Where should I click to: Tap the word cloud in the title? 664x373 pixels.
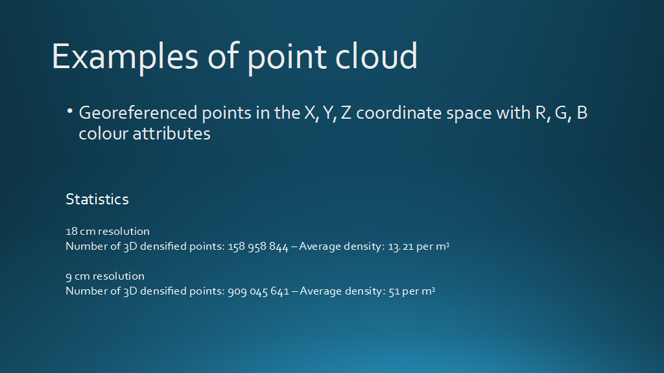[377, 56]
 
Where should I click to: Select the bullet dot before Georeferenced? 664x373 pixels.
[69, 111]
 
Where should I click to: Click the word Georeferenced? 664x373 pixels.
[138, 113]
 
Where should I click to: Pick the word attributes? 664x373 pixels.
[171, 134]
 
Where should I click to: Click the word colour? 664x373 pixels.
[103, 134]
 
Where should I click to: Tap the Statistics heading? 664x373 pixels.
[97, 199]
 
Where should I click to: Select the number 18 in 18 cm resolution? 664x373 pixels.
[71, 232]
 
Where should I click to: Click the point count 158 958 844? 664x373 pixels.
[258, 247]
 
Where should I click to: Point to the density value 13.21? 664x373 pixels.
[401, 247]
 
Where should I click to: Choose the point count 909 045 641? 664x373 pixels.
[258, 292]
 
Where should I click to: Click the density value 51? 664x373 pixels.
[394, 292]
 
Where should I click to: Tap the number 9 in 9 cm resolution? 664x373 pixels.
[69, 277]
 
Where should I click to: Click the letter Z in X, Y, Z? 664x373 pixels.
[346, 113]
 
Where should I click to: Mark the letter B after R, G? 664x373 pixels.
[582, 113]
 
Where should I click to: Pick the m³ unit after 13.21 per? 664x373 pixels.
[442, 247]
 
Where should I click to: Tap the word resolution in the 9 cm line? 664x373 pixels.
[119, 276]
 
